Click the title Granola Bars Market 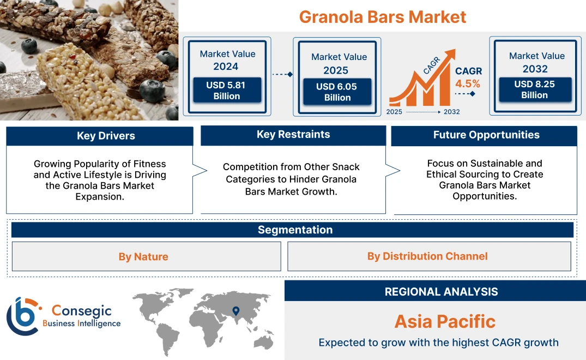coord(383,16)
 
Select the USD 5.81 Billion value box coord(227,91)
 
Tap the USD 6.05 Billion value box coord(337,92)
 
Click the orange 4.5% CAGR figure coord(468,83)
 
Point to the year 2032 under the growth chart coord(451,112)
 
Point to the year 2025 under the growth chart coord(395,112)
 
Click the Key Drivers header coord(106,136)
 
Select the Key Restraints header coord(293,135)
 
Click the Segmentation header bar coord(295,230)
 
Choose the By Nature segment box coord(143,256)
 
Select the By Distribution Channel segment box coord(427,256)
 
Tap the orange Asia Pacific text coord(445,321)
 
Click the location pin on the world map coord(235,311)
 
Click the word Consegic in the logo coord(81,311)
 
